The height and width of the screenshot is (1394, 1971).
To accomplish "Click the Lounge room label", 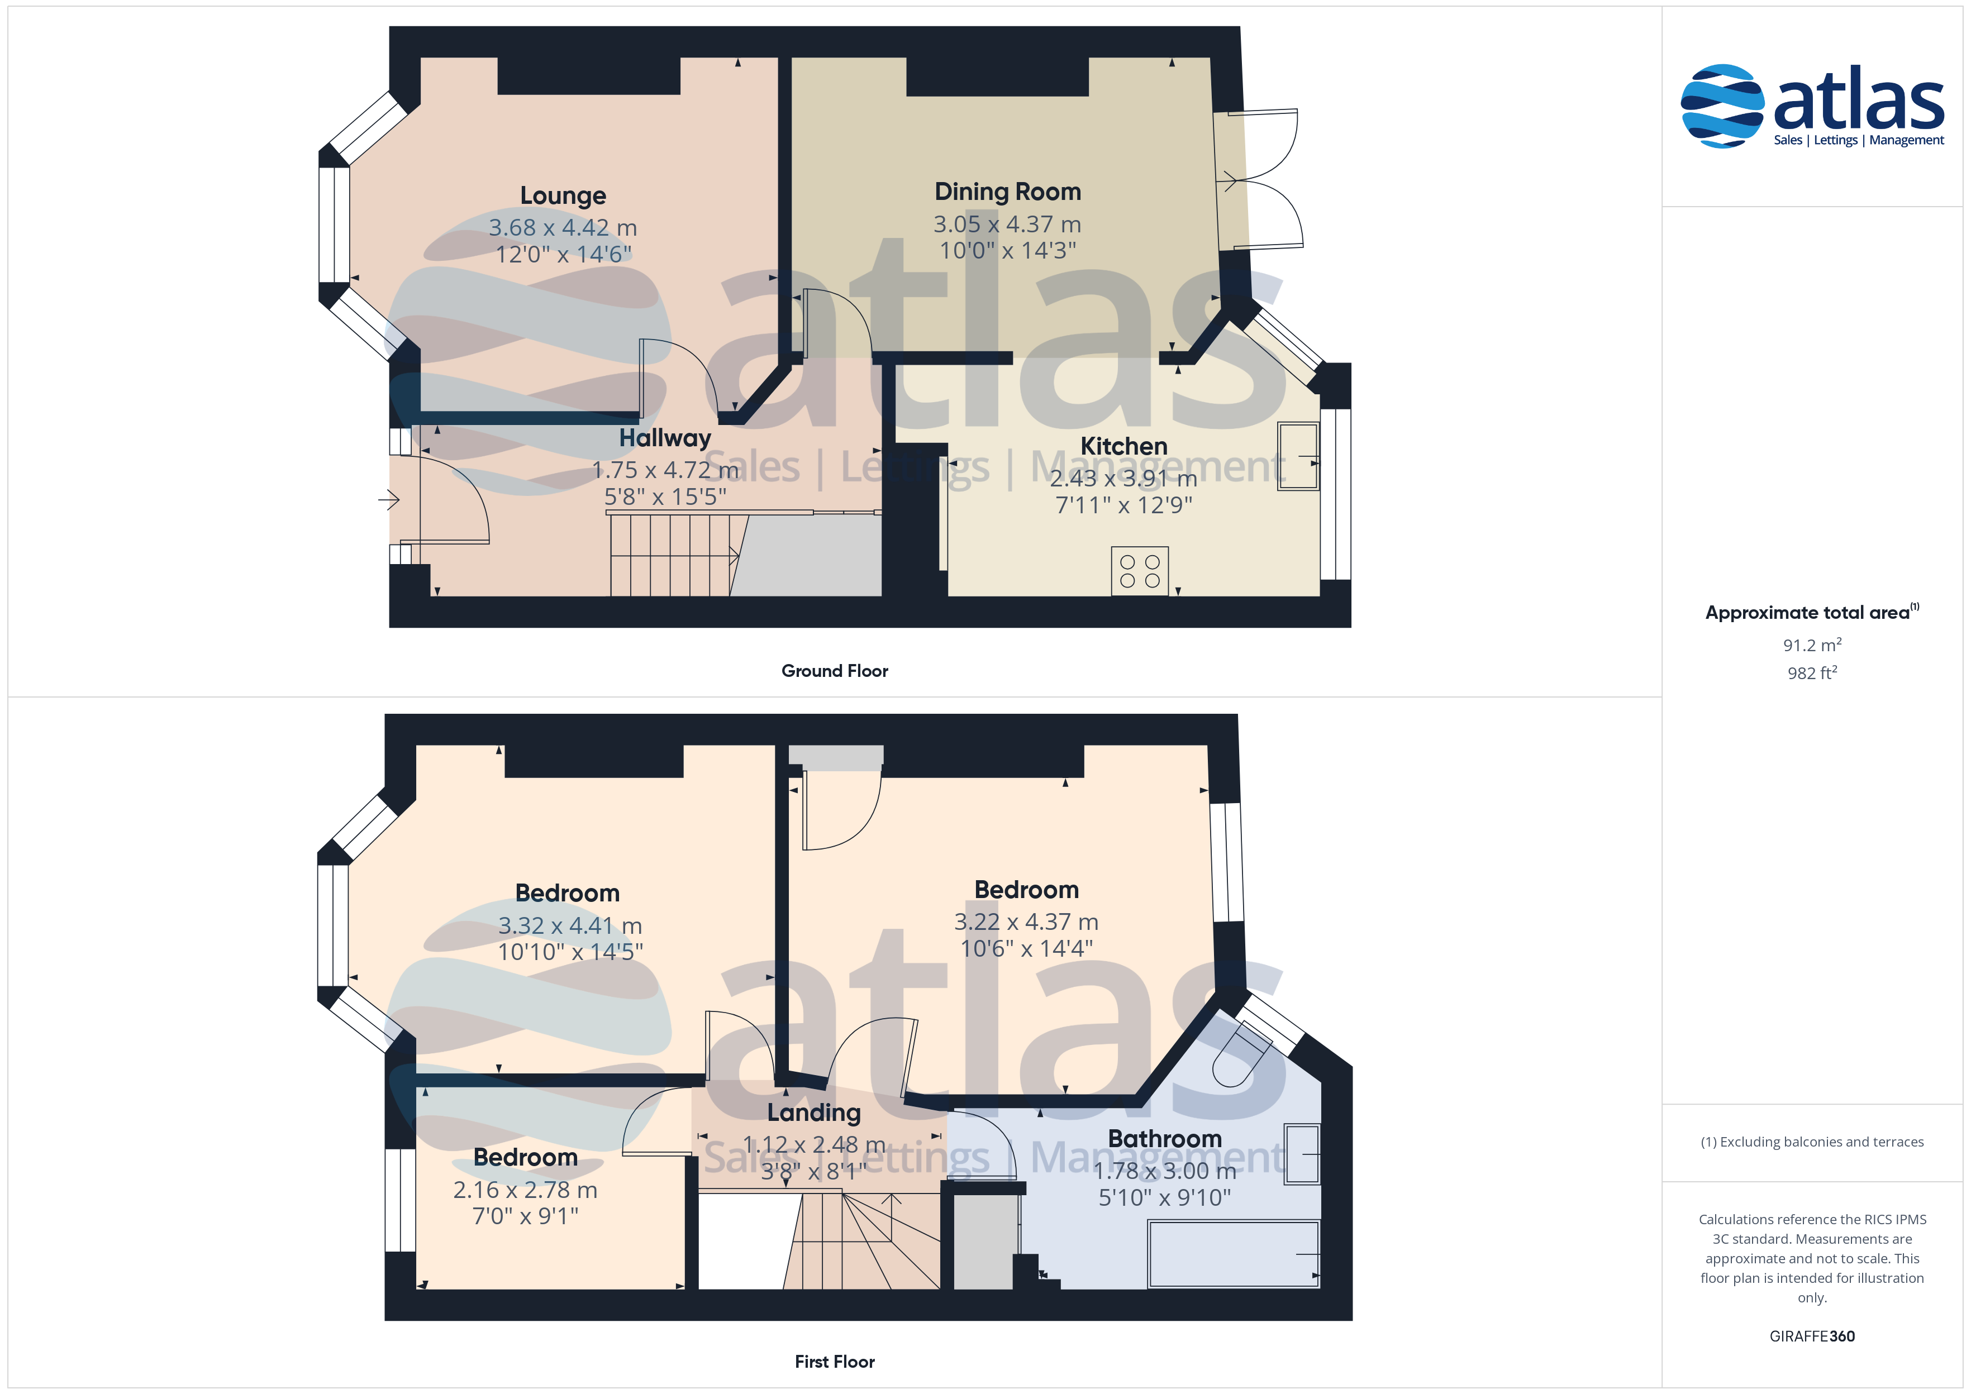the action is click(563, 195).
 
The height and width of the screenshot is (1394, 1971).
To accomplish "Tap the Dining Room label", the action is click(1008, 192).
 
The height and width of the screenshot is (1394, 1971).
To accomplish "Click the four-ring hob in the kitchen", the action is click(1139, 571).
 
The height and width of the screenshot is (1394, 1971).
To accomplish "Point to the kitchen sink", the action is click(1297, 456).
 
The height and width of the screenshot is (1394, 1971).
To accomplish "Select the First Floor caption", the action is click(835, 1362).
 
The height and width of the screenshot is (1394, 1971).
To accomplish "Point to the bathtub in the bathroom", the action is click(1234, 1254).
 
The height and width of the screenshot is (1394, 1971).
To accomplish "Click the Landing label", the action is click(814, 1113).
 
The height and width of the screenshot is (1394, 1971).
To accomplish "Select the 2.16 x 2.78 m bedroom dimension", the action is click(525, 1190).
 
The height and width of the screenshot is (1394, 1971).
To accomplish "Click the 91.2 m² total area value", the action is click(1812, 645).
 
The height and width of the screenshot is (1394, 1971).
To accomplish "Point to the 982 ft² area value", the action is click(1812, 673).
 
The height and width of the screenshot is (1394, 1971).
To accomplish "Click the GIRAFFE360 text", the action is click(1812, 1335).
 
